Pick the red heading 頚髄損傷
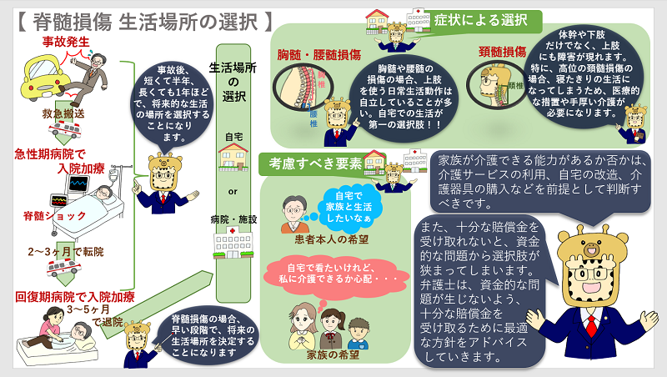[x=501, y=50]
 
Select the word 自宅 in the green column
[x=233, y=133]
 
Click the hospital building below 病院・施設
[x=233, y=244]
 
